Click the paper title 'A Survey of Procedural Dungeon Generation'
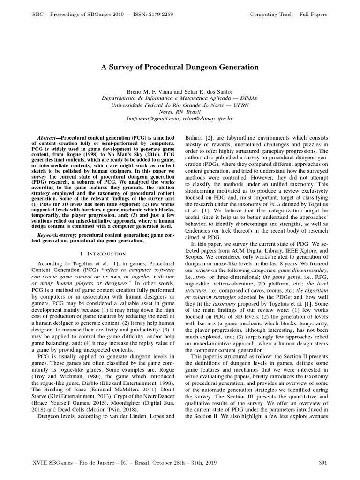[180, 67]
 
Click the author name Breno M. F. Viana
[153, 91]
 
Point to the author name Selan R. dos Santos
[208, 91]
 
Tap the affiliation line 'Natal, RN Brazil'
[180, 112]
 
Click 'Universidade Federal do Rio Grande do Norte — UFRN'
[180, 105]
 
